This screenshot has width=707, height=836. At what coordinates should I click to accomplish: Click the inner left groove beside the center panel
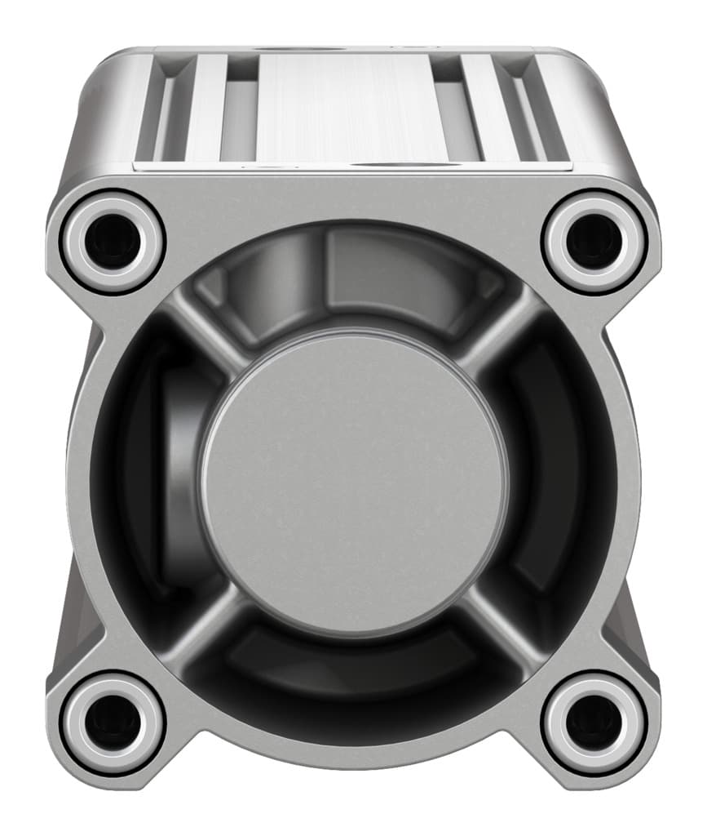(x=239, y=114)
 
